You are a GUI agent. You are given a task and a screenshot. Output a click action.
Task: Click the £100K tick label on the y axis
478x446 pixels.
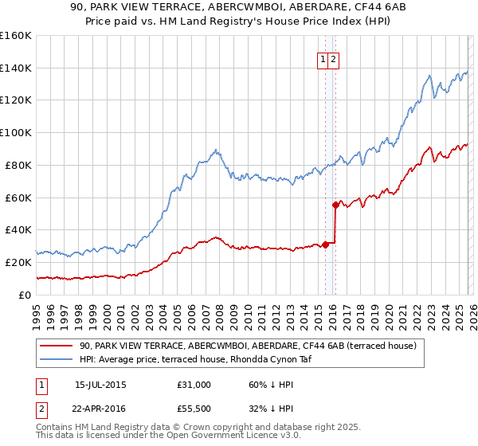point(16,133)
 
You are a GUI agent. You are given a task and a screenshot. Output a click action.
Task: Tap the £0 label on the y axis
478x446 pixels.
point(25,295)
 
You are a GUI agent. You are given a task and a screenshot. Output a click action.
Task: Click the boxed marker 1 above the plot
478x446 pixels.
point(324,58)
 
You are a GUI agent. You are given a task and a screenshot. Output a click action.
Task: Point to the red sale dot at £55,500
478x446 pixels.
point(335,205)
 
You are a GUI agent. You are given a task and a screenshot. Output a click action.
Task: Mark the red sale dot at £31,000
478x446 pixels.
point(325,245)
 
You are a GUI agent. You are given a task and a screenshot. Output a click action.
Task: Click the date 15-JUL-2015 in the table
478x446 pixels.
point(100,385)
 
